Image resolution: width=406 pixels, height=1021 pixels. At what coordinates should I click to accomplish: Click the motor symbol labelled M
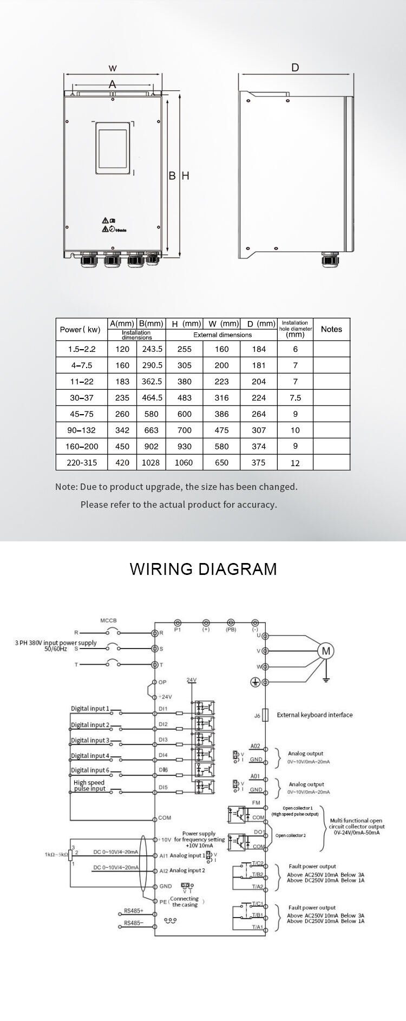pyautogui.click(x=326, y=651)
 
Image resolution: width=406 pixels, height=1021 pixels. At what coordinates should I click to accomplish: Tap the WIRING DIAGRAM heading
pyautogui.click(x=203, y=569)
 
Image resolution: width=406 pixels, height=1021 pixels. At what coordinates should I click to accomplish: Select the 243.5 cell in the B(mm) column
pyautogui.click(x=152, y=349)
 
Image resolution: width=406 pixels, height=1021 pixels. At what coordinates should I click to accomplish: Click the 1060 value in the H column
pyautogui.click(x=184, y=462)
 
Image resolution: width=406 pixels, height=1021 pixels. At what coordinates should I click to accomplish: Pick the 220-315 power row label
pyautogui.click(x=82, y=462)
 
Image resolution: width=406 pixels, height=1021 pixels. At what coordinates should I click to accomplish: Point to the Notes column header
pyautogui.click(x=331, y=329)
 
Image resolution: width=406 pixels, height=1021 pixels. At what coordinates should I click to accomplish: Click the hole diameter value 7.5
pyautogui.click(x=295, y=398)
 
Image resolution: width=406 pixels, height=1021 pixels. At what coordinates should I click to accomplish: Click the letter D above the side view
pyautogui.click(x=295, y=68)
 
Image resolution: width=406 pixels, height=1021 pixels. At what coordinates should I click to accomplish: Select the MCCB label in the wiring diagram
pyautogui.click(x=108, y=620)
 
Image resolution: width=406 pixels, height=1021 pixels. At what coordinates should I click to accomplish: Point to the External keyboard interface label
pyautogui.click(x=315, y=715)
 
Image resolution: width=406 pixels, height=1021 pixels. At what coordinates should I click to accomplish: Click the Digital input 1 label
pyautogui.click(x=90, y=709)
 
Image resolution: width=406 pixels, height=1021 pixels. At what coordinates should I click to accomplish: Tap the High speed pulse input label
pyautogui.click(x=89, y=786)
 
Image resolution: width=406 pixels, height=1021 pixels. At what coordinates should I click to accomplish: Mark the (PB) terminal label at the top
pyautogui.click(x=231, y=630)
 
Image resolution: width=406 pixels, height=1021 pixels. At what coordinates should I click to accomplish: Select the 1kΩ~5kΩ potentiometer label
pyautogui.click(x=56, y=855)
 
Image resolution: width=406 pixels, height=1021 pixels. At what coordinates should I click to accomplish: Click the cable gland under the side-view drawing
pyautogui.click(x=329, y=260)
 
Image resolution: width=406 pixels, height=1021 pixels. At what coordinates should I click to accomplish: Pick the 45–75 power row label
pyautogui.click(x=82, y=414)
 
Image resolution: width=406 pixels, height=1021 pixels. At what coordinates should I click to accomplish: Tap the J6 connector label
pyautogui.click(x=257, y=716)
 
